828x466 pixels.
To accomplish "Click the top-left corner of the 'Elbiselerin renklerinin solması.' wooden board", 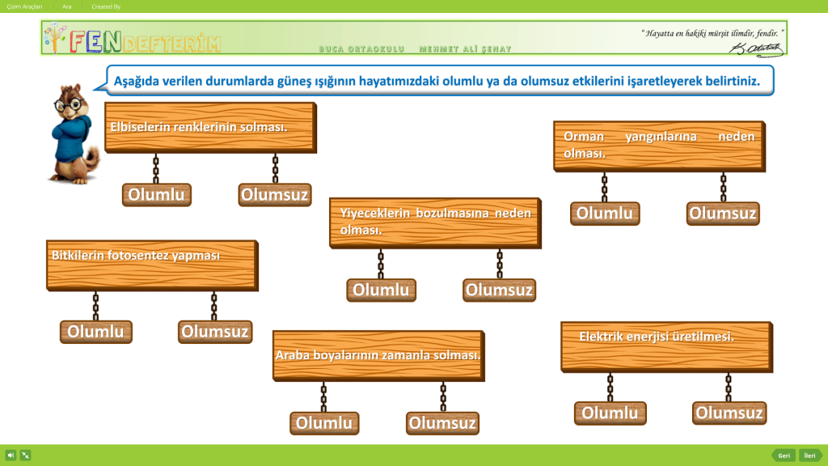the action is (105, 103).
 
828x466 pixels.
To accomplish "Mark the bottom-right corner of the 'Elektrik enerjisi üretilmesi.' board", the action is (772, 372).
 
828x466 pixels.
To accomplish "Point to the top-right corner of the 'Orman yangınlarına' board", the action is (765, 121).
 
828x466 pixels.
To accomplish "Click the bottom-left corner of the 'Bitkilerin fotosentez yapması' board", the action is (47, 290).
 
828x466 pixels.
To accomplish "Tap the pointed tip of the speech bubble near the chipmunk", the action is (94, 89).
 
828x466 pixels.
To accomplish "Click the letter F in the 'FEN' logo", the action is (78, 42).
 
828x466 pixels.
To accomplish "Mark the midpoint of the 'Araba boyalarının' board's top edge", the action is (378, 332).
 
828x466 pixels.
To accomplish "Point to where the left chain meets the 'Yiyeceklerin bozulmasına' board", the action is (381, 249).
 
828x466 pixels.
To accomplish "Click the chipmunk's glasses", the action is (70, 104).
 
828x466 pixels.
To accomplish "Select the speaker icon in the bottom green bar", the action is (11, 455).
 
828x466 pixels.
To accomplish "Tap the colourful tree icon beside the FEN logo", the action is (55, 37).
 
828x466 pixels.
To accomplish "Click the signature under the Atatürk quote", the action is (756, 49).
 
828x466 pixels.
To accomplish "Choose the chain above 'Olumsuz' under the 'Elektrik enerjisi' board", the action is (729, 388).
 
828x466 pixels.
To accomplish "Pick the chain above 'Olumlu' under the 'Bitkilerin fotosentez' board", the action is (95, 306).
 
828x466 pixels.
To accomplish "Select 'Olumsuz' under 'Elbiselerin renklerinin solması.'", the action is (275, 194).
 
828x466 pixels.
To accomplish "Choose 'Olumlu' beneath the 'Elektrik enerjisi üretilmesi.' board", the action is (610, 413).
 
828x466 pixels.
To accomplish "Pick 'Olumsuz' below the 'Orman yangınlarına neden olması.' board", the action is (723, 214).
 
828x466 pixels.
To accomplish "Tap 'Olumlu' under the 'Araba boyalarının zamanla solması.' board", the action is (324, 422).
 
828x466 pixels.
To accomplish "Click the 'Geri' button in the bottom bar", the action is (784, 455).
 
